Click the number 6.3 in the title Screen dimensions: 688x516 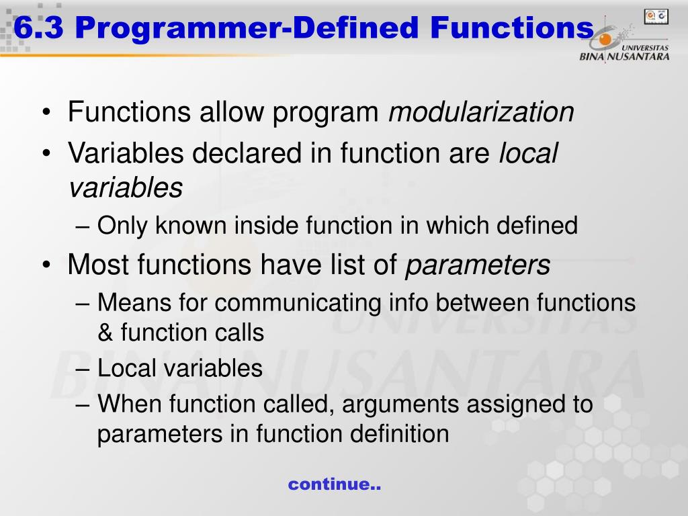pyautogui.click(x=38, y=28)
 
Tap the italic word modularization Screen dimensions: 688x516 pyautogui.click(x=481, y=112)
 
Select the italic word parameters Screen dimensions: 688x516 pyautogui.click(x=478, y=266)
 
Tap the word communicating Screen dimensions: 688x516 pyautogui.click(x=298, y=304)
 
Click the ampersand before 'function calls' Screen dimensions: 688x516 pyautogui.click(x=105, y=333)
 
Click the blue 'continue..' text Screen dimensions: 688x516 pyautogui.click(x=335, y=484)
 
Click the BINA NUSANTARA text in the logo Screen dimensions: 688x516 pyautogui.click(x=624, y=56)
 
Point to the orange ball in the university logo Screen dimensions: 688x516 pyautogui.click(x=605, y=40)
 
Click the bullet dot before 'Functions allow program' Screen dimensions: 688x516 pyautogui.click(x=46, y=112)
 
